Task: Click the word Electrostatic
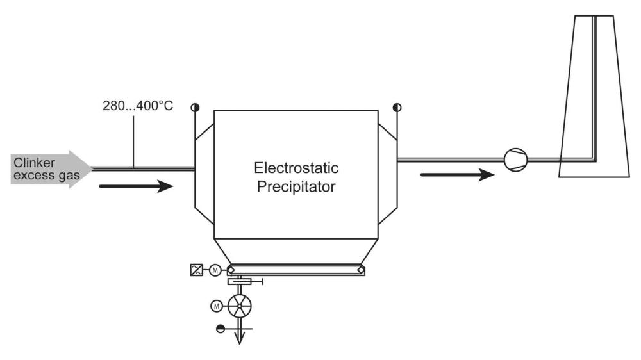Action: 296,170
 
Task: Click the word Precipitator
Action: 296,189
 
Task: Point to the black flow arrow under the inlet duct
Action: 137,187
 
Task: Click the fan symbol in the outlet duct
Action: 515,158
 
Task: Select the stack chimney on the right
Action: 588,96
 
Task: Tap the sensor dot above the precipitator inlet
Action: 193,107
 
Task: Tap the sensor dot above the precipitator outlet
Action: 397,107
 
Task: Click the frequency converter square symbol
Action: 197,270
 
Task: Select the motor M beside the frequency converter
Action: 215,270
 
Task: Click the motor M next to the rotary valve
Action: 217,306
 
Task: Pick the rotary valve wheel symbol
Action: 240,306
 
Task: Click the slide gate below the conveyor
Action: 243,282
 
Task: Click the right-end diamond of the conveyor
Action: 362,270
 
